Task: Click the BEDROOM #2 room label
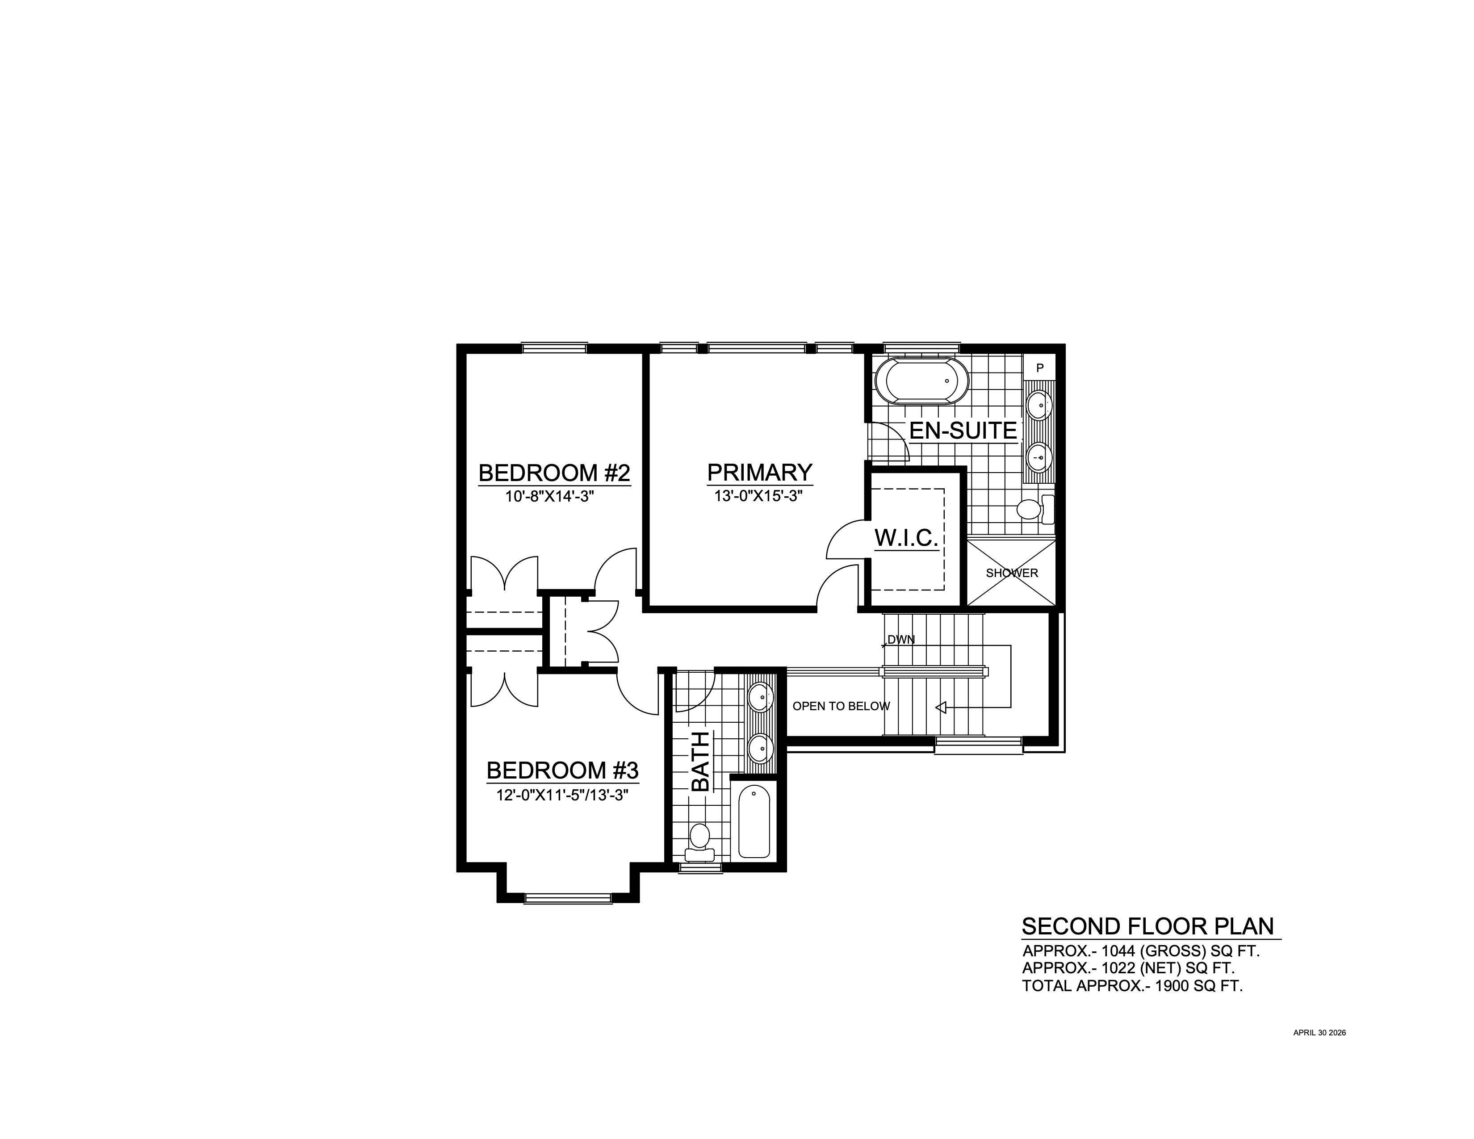[554, 473]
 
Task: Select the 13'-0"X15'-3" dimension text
[758, 497]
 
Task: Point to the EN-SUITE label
[963, 431]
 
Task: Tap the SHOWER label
[1012, 574]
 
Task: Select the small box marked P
[1040, 368]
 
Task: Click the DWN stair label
[901, 639]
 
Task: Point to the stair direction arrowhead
[939, 707]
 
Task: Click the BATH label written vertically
[700, 761]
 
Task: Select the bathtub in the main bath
[754, 821]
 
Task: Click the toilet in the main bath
[699, 842]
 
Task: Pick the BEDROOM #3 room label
[562, 770]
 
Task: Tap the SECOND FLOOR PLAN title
[1148, 926]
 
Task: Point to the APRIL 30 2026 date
[1319, 1032]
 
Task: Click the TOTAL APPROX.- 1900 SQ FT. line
[1132, 986]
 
